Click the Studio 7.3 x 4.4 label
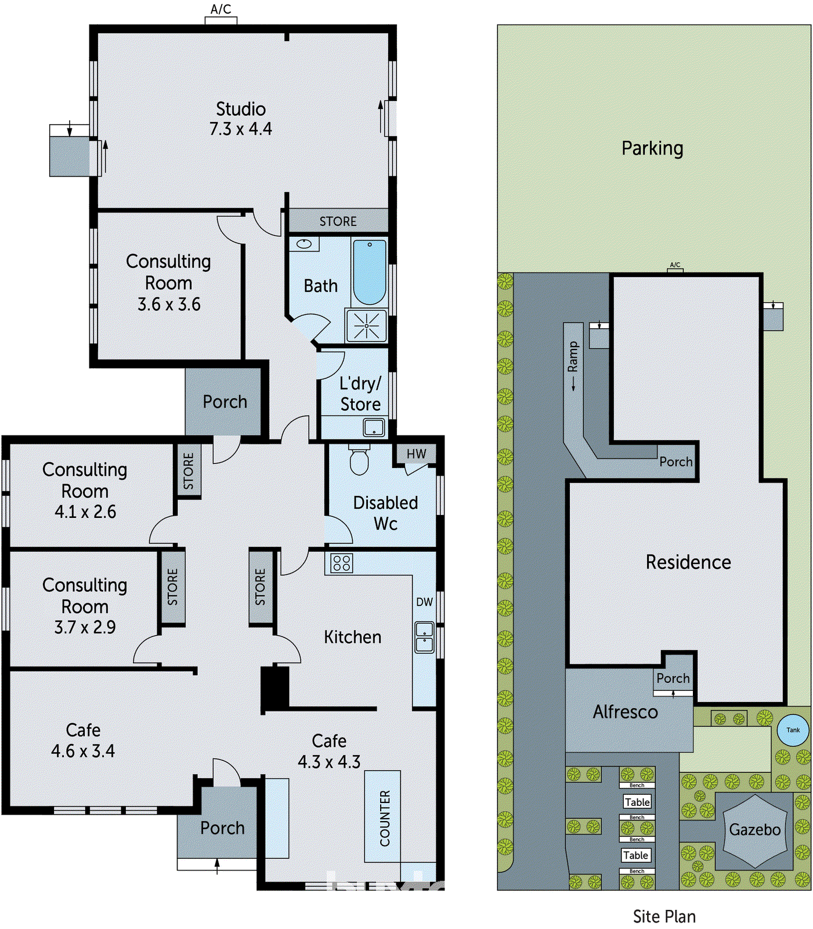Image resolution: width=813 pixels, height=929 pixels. click(x=240, y=118)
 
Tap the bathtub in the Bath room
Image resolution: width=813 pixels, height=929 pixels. click(x=370, y=272)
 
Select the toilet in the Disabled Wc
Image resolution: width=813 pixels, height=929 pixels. click(x=359, y=460)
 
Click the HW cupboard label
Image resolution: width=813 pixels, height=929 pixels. click(x=416, y=454)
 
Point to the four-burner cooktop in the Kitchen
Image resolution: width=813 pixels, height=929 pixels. click(x=341, y=563)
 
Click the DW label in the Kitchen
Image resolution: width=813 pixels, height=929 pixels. click(x=424, y=602)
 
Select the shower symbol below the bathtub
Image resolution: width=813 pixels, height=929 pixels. click(x=366, y=325)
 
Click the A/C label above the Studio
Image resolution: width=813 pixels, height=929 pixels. click(x=221, y=9)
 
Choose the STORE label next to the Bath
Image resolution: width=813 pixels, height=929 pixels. click(x=338, y=221)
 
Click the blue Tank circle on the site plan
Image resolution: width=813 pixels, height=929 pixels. click(x=793, y=730)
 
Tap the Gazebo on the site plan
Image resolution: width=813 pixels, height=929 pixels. click(x=754, y=830)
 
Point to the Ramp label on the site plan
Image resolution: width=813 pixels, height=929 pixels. click(x=573, y=357)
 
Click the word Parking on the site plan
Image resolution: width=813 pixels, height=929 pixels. click(x=652, y=148)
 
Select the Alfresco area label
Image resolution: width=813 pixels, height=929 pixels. click(x=625, y=712)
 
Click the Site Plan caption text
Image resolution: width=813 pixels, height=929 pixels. click(x=664, y=916)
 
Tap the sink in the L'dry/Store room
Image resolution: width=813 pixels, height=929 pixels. click(x=374, y=428)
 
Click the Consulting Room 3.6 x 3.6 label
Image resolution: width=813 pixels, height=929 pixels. click(x=168, y=283)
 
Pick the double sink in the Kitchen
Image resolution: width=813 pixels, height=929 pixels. click(x=424, y=637)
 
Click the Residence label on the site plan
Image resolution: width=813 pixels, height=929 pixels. click(x=688, y=562)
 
